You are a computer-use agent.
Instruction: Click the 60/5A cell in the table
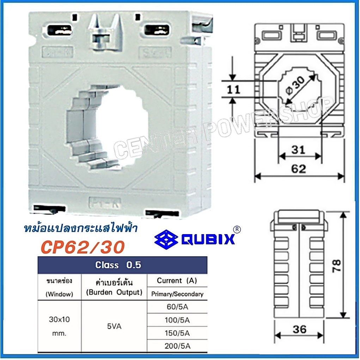click(x=177, y=307)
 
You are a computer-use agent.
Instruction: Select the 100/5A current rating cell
click(x=177, y=320)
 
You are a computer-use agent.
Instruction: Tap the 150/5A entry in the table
click(x=177, y=333)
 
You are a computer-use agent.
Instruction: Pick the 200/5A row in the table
click(x=177, y=346)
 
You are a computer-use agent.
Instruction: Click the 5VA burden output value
click(x=114, y=327)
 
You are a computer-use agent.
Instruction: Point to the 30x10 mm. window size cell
click(x=59, y=327)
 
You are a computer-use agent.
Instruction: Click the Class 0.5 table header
click(x=118, y=265)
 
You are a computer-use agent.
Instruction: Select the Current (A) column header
click(x=177, y=281)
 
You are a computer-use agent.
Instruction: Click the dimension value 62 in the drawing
click(x=299, y=169)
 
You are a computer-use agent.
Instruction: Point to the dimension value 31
click(x=299, y=150)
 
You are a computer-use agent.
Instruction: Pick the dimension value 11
click(x=233, y=89)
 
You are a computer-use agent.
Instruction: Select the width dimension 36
click(x=299, y=329)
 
